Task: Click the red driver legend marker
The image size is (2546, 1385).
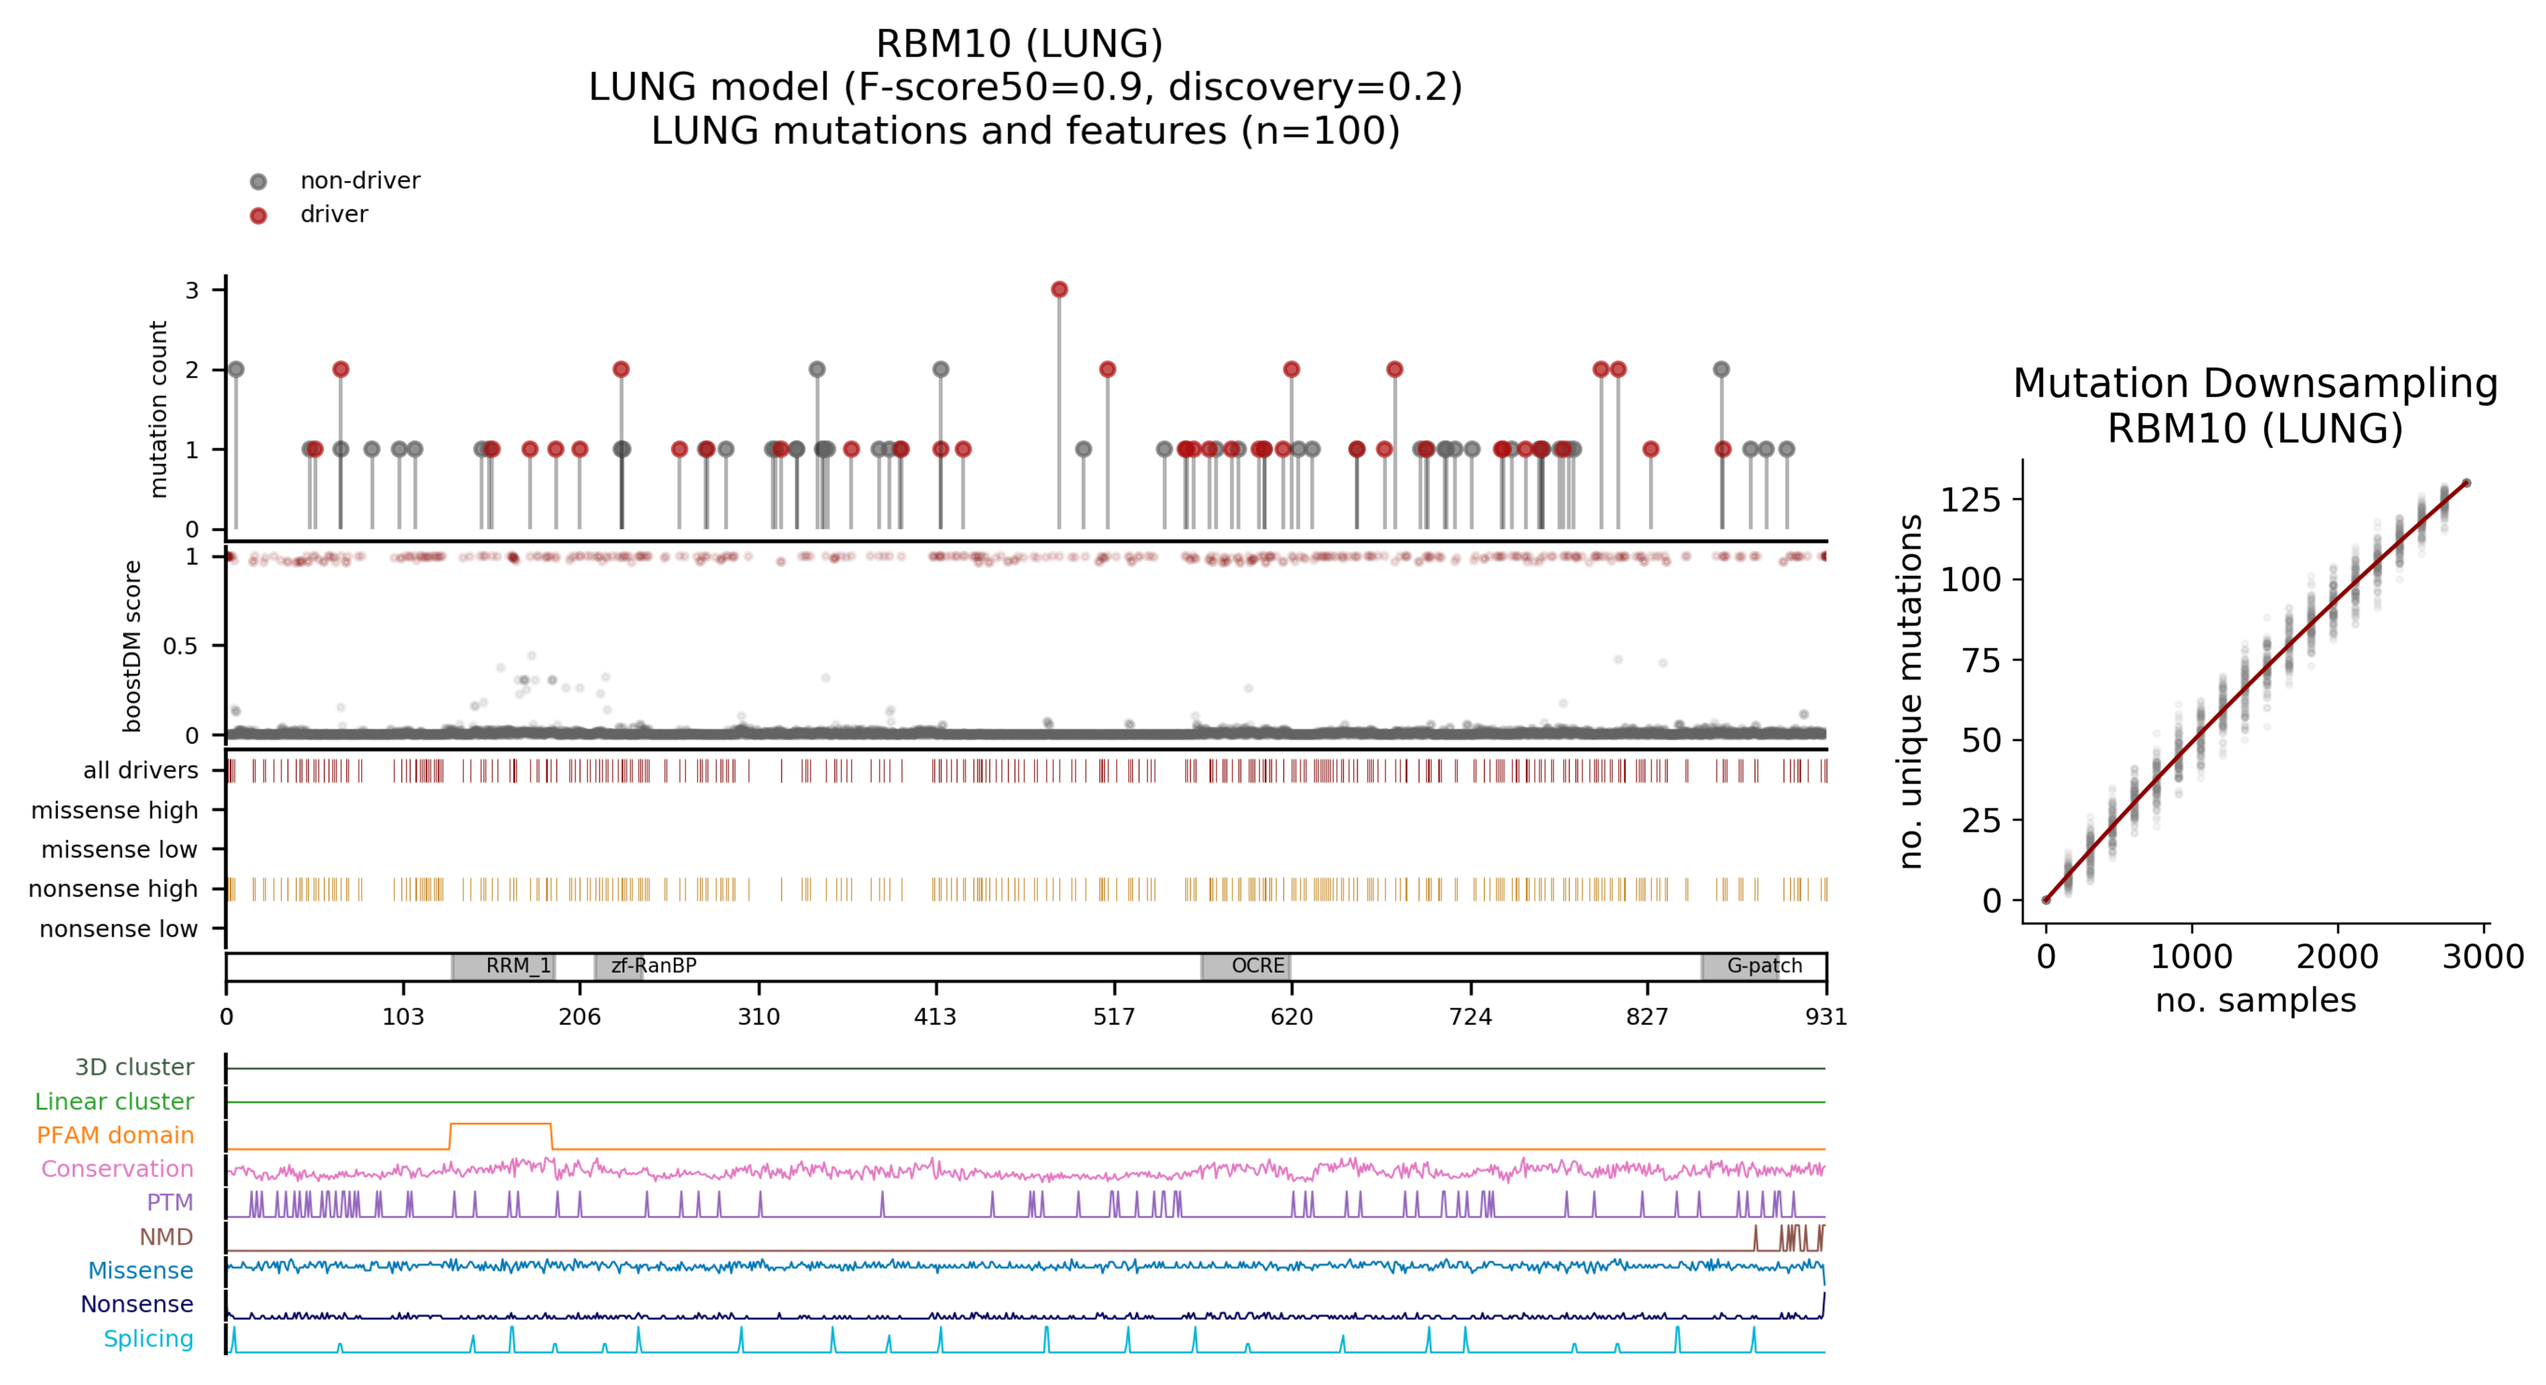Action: coord(258,215)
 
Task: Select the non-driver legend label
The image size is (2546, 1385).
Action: coord(360,181)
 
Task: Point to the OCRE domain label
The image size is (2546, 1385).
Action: coord(1257,966)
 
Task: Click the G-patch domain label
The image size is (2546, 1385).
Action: coord(1764,966)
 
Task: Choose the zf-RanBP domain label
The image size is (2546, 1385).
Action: coord(653,966)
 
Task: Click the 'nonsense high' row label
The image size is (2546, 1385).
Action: coord(112,889)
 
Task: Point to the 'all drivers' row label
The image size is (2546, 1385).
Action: coord(141,770)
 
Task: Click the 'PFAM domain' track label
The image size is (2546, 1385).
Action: coord(115,1135)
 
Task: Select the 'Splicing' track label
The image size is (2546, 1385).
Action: coord(148,1339)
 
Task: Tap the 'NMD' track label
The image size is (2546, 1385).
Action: coord(165,1237)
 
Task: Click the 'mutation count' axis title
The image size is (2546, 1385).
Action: coord(158,408)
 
